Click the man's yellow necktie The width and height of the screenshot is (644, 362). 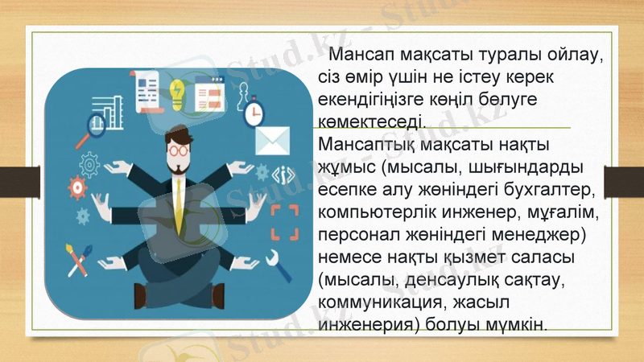(x=178, y=201)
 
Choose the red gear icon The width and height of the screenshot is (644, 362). (x=77, y=186)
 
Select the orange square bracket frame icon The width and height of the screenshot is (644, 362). (x=284, y=222)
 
